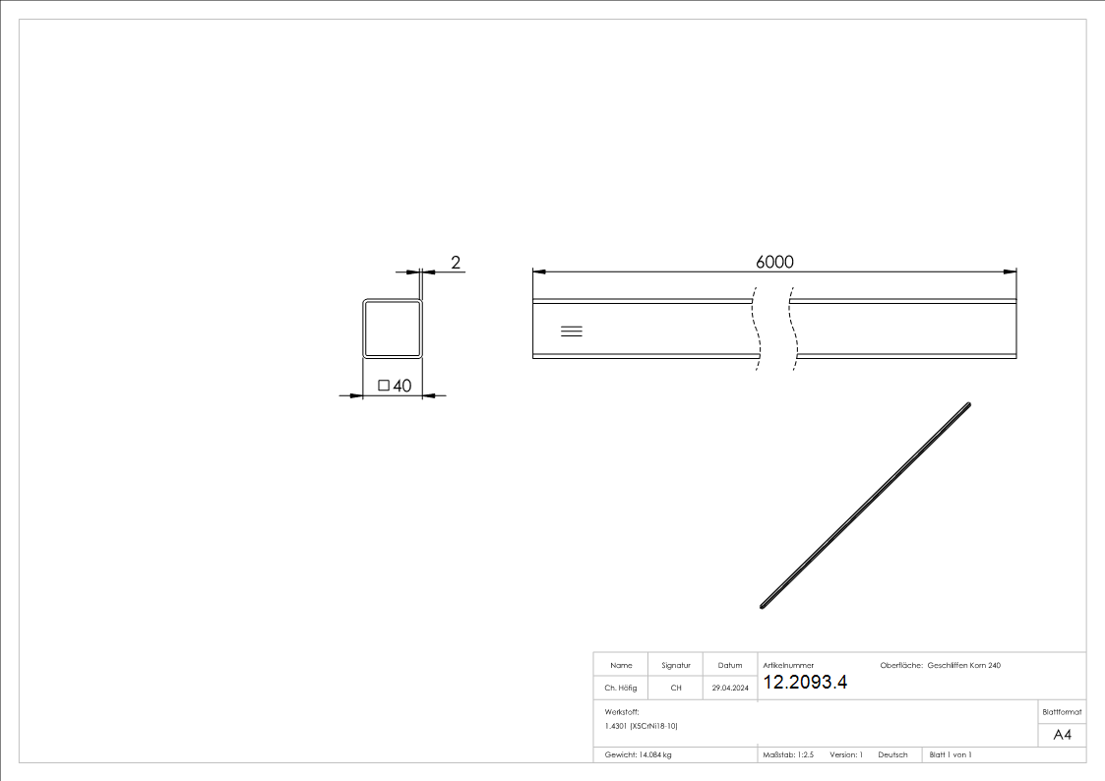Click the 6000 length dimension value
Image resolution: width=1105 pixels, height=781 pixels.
(x=774, y=262)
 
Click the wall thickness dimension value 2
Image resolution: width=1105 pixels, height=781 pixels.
(x=456, y=263)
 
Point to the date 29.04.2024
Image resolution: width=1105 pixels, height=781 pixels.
(x=730, y=688)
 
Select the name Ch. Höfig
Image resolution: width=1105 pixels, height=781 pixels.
(x=620, y=688)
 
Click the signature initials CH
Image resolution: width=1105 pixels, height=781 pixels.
(x=676, y=688)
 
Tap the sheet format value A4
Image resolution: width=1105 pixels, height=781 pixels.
(x=1063, y=735)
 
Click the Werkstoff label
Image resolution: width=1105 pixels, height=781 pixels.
(x=622, y=710)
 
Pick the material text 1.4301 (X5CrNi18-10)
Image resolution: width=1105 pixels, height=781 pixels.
(x=642, y=726)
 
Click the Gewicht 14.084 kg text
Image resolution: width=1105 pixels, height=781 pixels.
(x=638, y=754)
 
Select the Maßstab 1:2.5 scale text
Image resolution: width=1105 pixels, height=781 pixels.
(x=788, y=754)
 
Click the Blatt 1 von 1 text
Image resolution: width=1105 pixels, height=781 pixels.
(x=951, y=754)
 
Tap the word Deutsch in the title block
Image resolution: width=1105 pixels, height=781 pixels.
(x=892, y=754)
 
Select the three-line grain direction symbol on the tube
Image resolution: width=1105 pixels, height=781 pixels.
(x=572, y=330)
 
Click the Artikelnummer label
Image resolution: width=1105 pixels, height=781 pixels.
(x=788, y=666)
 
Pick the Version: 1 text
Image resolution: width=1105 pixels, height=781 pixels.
(x=846, y=754)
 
